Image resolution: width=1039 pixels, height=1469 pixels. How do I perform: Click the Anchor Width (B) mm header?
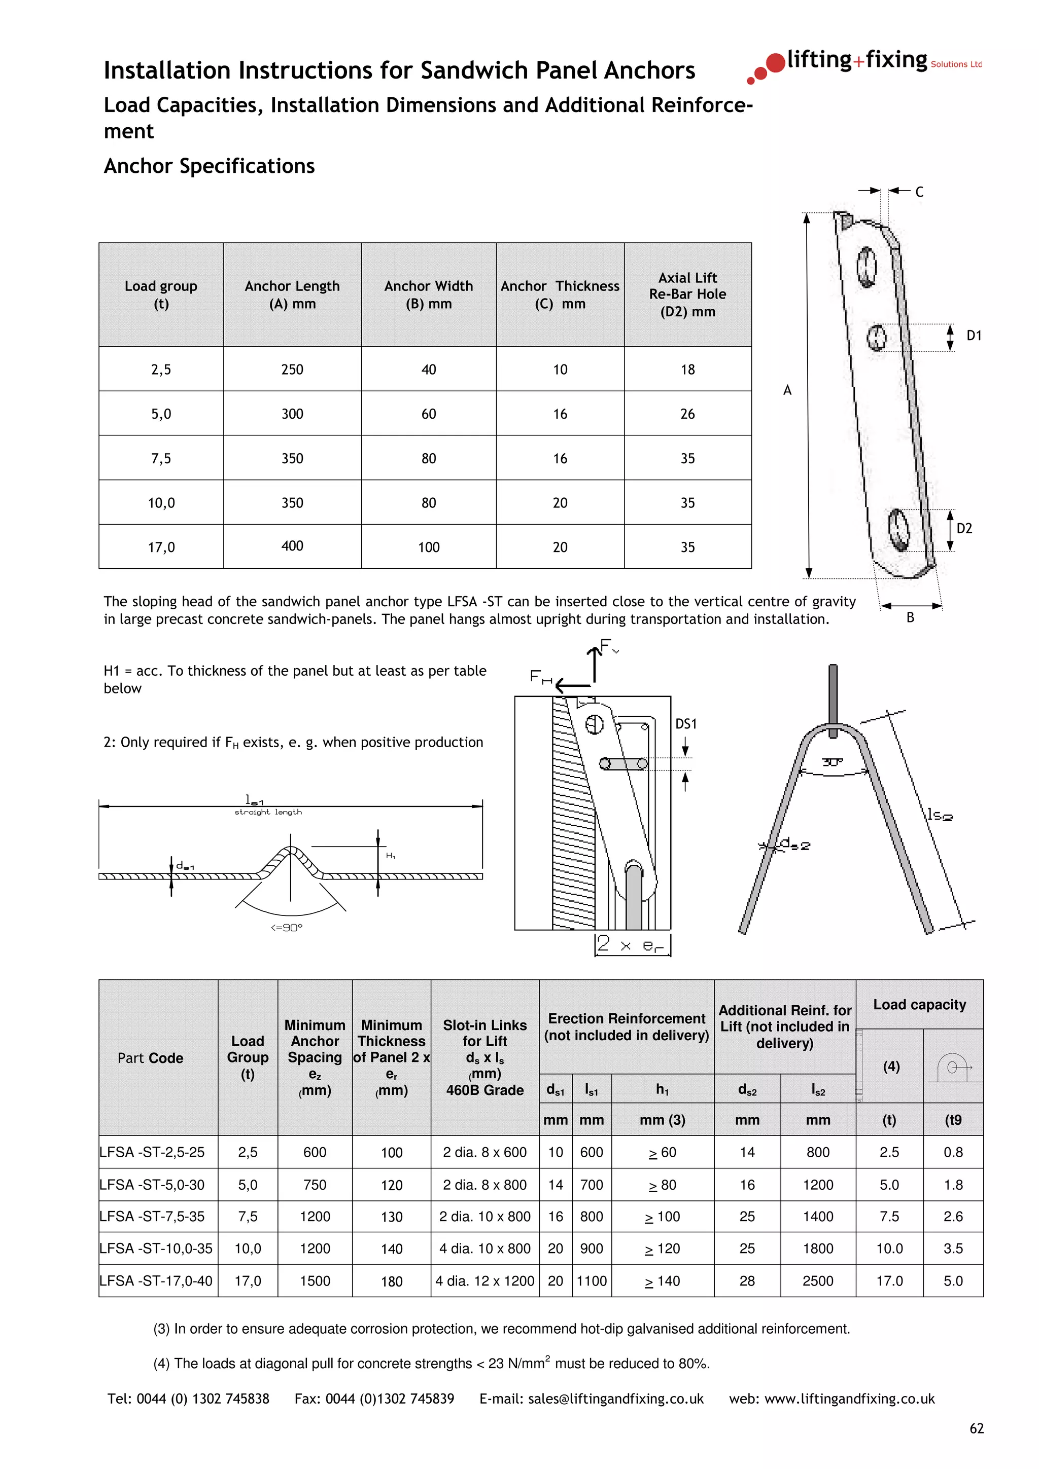[428, 295]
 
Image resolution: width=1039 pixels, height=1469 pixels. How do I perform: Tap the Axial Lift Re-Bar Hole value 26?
[687, 414]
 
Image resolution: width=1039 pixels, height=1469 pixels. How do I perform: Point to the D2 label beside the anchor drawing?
[963, 529]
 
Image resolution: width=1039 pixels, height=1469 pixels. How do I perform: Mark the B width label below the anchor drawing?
[910, 618]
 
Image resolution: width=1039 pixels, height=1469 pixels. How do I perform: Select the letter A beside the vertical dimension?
[787, 390]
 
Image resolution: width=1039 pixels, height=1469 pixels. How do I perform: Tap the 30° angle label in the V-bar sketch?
[832, 762]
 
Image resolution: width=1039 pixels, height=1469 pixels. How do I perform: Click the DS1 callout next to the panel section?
[685, 724]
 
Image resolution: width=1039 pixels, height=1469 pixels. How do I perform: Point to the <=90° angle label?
[286, 928]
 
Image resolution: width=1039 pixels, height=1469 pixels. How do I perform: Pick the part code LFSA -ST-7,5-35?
[152, 1216]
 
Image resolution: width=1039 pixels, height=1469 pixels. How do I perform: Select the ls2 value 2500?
[817, 1281]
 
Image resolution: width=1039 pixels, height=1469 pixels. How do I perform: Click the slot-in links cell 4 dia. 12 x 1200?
[484, 1281]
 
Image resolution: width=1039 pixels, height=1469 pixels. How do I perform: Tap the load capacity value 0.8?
[953, 1152]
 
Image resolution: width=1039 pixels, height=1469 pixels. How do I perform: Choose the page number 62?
[976, 1428]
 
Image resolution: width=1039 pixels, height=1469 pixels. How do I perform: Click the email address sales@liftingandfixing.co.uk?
[615, 1399]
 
